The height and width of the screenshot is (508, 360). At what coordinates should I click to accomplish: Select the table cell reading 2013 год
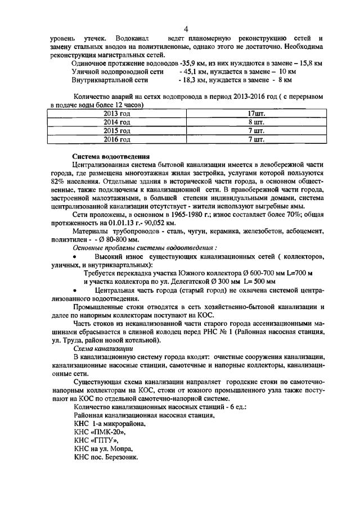[x=117, y=114]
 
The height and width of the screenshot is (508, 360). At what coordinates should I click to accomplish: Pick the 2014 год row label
[x=117, y=123]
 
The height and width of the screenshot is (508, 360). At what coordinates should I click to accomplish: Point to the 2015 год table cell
[x=117, y=131]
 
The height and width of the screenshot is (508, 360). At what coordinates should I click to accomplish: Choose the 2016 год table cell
[x=117, y=139]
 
